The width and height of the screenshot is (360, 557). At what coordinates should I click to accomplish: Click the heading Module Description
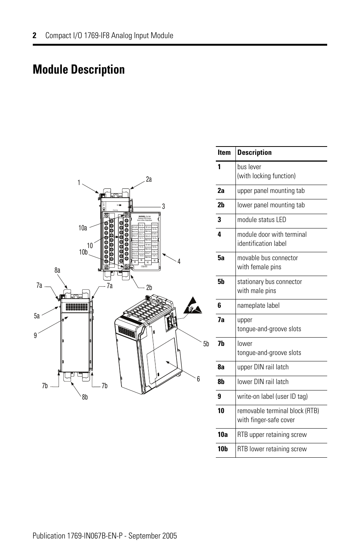78,70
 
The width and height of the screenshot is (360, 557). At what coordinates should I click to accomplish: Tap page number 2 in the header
34,35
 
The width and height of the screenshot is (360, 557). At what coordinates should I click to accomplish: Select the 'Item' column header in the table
224,153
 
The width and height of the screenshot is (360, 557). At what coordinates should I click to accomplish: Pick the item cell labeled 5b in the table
221,282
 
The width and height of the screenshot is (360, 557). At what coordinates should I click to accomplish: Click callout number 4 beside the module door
179,261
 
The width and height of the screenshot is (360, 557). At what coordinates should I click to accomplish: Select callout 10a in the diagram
83,228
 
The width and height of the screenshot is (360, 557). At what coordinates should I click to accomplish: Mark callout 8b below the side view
85,397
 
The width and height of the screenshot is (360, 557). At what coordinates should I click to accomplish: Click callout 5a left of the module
37,316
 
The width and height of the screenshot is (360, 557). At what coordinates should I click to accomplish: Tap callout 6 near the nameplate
198,379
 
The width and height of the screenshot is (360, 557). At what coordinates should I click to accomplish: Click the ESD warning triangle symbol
192,307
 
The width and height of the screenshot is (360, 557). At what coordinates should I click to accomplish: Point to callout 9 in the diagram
35,335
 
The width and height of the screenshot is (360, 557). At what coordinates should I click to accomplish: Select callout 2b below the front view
149,288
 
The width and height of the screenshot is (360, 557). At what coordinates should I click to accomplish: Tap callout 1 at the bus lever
79,183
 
